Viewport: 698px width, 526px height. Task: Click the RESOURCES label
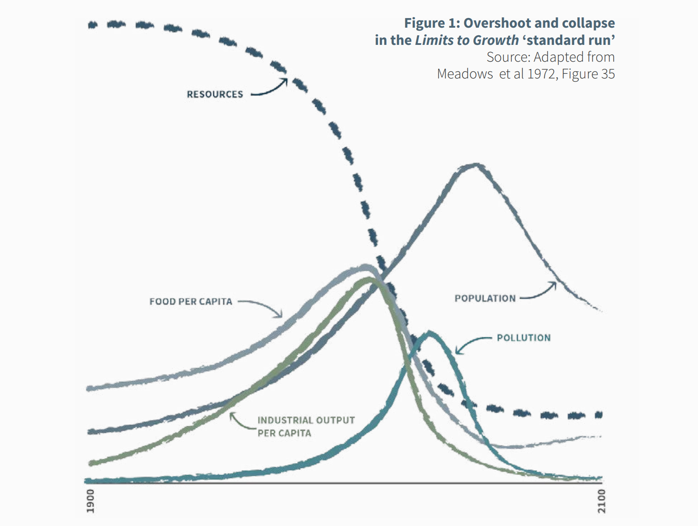[215, 94]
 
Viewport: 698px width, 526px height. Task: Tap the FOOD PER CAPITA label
[191, 302]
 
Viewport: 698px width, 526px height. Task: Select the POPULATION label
[485, 298]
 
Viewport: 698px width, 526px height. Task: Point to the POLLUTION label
[524, 338]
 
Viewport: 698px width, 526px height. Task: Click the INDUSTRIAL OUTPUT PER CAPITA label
[306, 426]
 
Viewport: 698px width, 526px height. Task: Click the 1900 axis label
[91, 500]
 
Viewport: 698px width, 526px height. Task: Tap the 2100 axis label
[602, 500]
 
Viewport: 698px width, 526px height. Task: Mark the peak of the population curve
[476, 164]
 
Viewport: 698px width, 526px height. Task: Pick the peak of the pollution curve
[429, 333]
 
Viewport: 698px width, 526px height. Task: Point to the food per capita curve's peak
[366, 266]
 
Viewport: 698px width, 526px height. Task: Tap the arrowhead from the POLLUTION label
[457, 352]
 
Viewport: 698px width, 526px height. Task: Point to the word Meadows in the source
[465, 74]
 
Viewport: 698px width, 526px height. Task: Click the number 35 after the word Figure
[608, 74]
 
